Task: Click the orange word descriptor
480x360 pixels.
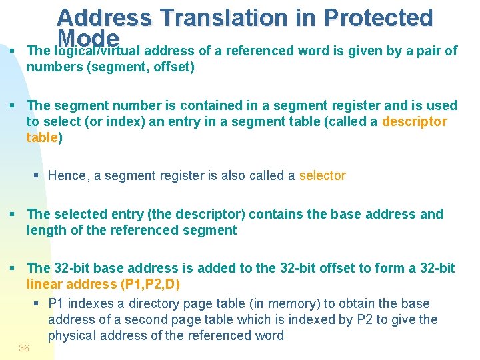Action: point(415,121)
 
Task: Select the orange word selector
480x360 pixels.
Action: point(323,175)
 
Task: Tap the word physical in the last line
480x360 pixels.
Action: point(73,335)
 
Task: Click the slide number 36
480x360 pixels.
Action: point(24,348)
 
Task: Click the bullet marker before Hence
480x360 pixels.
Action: point(37,176)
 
